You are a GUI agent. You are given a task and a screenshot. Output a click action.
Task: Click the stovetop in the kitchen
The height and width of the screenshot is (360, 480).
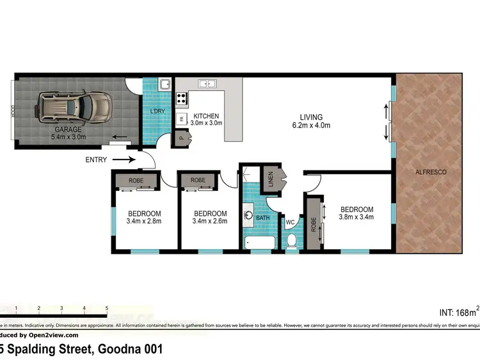[182, 99]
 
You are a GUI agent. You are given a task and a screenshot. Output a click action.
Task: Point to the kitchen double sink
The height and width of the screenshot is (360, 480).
[207, 83]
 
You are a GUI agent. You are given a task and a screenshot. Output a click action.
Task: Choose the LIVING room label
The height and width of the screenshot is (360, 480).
[311, 117]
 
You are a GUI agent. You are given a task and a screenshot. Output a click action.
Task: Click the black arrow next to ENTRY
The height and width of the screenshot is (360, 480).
[127, 160]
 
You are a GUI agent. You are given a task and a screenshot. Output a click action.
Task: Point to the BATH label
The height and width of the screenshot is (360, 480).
[263, 218]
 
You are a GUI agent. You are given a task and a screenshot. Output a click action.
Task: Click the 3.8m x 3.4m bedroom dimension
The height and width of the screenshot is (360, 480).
[356, 217]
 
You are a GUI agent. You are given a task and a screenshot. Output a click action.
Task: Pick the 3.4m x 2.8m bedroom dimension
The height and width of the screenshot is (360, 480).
[144, 222]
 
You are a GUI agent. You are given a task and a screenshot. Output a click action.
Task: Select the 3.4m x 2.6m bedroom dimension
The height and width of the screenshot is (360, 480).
[210, 222]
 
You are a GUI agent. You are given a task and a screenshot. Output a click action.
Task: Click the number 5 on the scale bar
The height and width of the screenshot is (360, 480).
[106, 308]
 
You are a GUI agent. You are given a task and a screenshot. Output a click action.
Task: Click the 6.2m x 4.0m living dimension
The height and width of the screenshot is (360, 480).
[311, 126]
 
